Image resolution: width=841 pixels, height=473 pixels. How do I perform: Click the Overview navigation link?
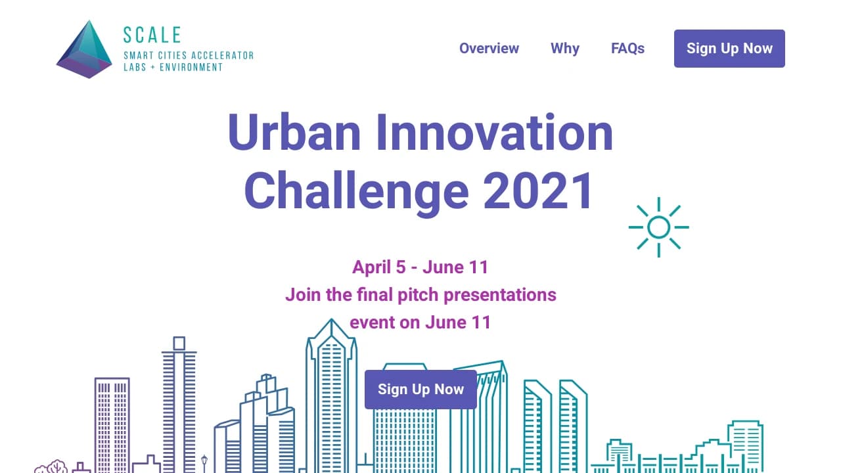point(489,49)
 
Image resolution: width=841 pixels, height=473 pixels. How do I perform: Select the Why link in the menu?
point(564,49)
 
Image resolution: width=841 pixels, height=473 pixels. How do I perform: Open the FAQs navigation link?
point(627,49)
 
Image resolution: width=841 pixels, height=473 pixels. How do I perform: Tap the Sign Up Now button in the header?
point(729,49)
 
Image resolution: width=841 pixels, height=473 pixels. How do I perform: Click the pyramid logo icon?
point(85,49)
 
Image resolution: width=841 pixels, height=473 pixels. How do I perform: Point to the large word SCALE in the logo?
point(152,35)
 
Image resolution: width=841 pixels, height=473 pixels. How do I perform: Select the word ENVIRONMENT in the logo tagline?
point(191,67)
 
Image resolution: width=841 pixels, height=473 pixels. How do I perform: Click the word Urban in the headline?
point(294,133)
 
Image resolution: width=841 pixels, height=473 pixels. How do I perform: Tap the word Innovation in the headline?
point(495,133)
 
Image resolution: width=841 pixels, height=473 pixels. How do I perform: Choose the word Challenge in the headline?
point(357,191)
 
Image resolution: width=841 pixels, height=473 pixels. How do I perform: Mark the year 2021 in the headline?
point(537,191)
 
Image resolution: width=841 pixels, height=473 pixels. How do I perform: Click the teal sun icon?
point(658,227)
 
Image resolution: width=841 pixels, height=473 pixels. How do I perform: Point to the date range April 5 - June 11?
point(420,267)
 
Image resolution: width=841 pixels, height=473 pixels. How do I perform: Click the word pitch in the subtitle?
point(419,295)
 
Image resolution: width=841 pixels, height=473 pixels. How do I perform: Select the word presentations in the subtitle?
point(500,295)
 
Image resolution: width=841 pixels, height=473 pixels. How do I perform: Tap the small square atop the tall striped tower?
point(179,343)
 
